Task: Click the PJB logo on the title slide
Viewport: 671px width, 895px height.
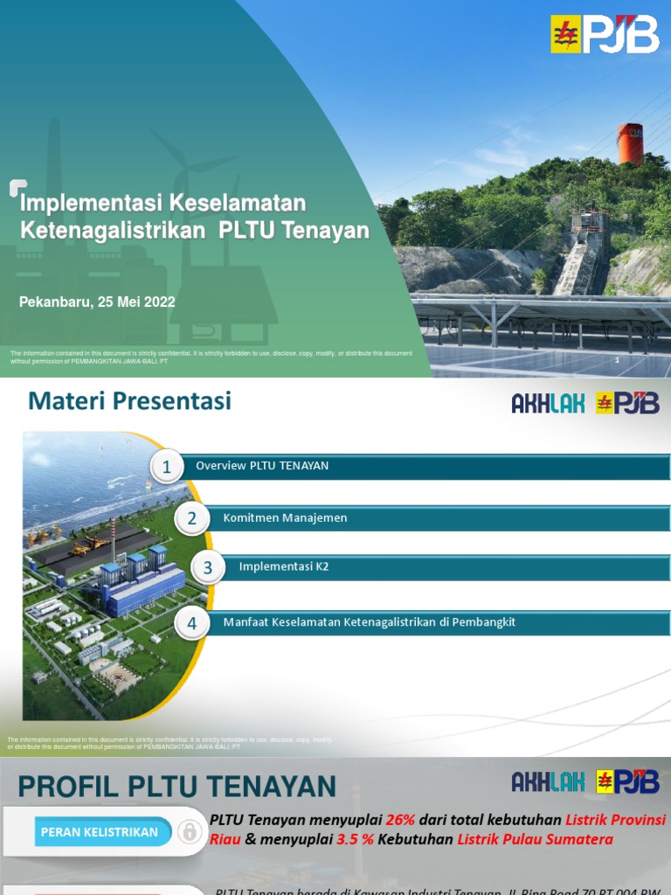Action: (604, 33)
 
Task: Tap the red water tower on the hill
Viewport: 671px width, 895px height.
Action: (630, 143)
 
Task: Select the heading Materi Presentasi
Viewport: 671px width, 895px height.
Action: (129, 401)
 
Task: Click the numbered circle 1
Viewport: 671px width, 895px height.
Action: (166, 467)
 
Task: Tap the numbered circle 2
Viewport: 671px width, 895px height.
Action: (191, 518)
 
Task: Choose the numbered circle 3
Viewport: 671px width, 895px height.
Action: (207, 568)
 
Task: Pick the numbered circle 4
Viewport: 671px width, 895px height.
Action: (191, 623)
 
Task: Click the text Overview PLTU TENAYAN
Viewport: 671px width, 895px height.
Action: (262, 466)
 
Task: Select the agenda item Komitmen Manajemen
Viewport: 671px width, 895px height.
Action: (285, 518)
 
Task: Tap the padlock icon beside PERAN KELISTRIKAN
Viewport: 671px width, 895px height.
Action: (189, 832)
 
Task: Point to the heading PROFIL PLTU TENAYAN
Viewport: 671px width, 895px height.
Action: (176, 786)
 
